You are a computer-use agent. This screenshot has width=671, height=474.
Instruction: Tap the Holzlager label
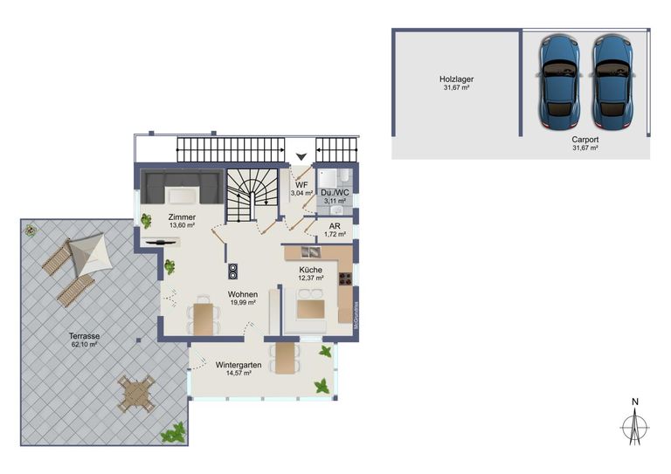(x=456, y=79)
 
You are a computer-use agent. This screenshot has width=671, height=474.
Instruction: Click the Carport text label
(x=585, y=139)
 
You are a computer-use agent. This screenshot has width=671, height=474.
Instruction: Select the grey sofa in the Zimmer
(x=181, y=187)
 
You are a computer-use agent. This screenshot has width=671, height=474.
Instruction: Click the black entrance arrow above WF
(x=301, y=157)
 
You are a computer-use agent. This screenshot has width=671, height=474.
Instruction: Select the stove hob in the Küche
(x=344, y=279)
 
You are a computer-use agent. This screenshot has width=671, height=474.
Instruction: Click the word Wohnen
(x=242, y=294)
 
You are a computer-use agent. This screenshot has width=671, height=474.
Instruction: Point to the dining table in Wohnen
(x=204, y=318)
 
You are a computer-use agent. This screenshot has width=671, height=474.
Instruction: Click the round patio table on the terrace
(x=137, y=394)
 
